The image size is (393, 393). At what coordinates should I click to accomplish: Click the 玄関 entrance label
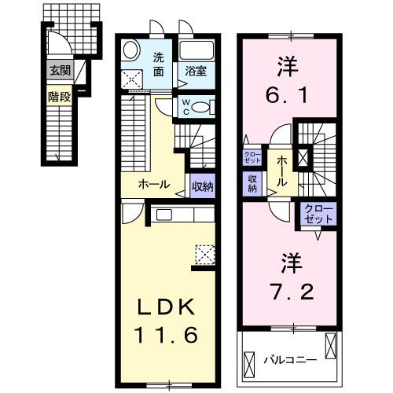coord(60,71)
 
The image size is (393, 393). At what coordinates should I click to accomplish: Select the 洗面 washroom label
coord(159,64)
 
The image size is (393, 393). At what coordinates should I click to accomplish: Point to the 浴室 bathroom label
coord(196,71)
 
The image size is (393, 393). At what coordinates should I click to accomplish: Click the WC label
coord(185,106)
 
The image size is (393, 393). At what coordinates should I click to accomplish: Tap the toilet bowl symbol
coord(201,108)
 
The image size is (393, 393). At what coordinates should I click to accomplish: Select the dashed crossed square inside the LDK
coord(204,254)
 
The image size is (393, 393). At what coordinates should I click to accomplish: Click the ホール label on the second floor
coord(281,170)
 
